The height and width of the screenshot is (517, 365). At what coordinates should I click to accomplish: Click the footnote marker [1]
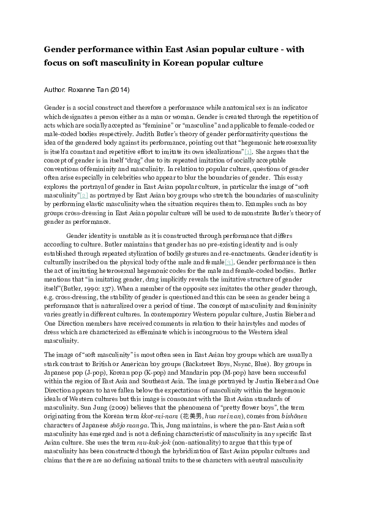pos(247,151)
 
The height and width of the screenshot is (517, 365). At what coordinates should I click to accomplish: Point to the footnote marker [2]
pos(85,194)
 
